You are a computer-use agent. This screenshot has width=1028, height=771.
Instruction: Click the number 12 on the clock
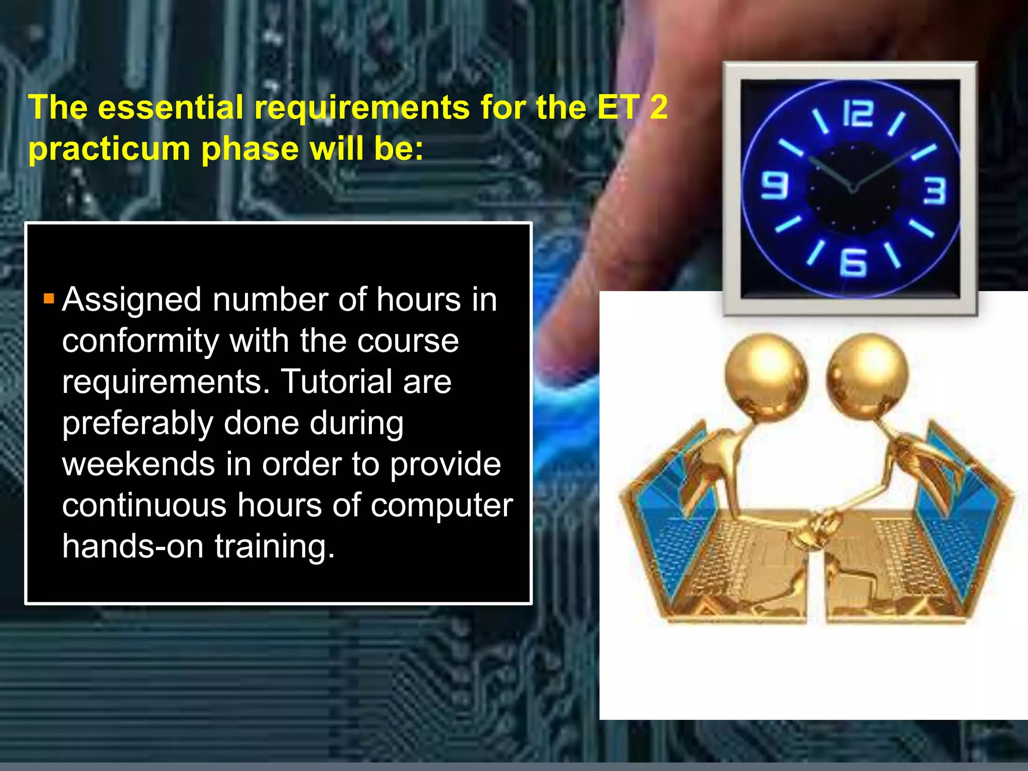coord(858,113)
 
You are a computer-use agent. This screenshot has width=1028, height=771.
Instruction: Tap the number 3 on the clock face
coord(935,191)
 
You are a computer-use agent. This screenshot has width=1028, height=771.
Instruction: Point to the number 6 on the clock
coord(854,263)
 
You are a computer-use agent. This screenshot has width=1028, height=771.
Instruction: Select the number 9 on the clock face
coord(775,185)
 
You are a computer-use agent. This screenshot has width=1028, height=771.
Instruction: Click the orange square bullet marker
coord(49,299)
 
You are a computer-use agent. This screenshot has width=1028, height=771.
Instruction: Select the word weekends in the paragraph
coord(139,464)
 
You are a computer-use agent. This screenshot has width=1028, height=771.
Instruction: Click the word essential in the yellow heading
coord(171,108)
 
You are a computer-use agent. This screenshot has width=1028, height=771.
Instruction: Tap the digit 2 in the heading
coord(658,107)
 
